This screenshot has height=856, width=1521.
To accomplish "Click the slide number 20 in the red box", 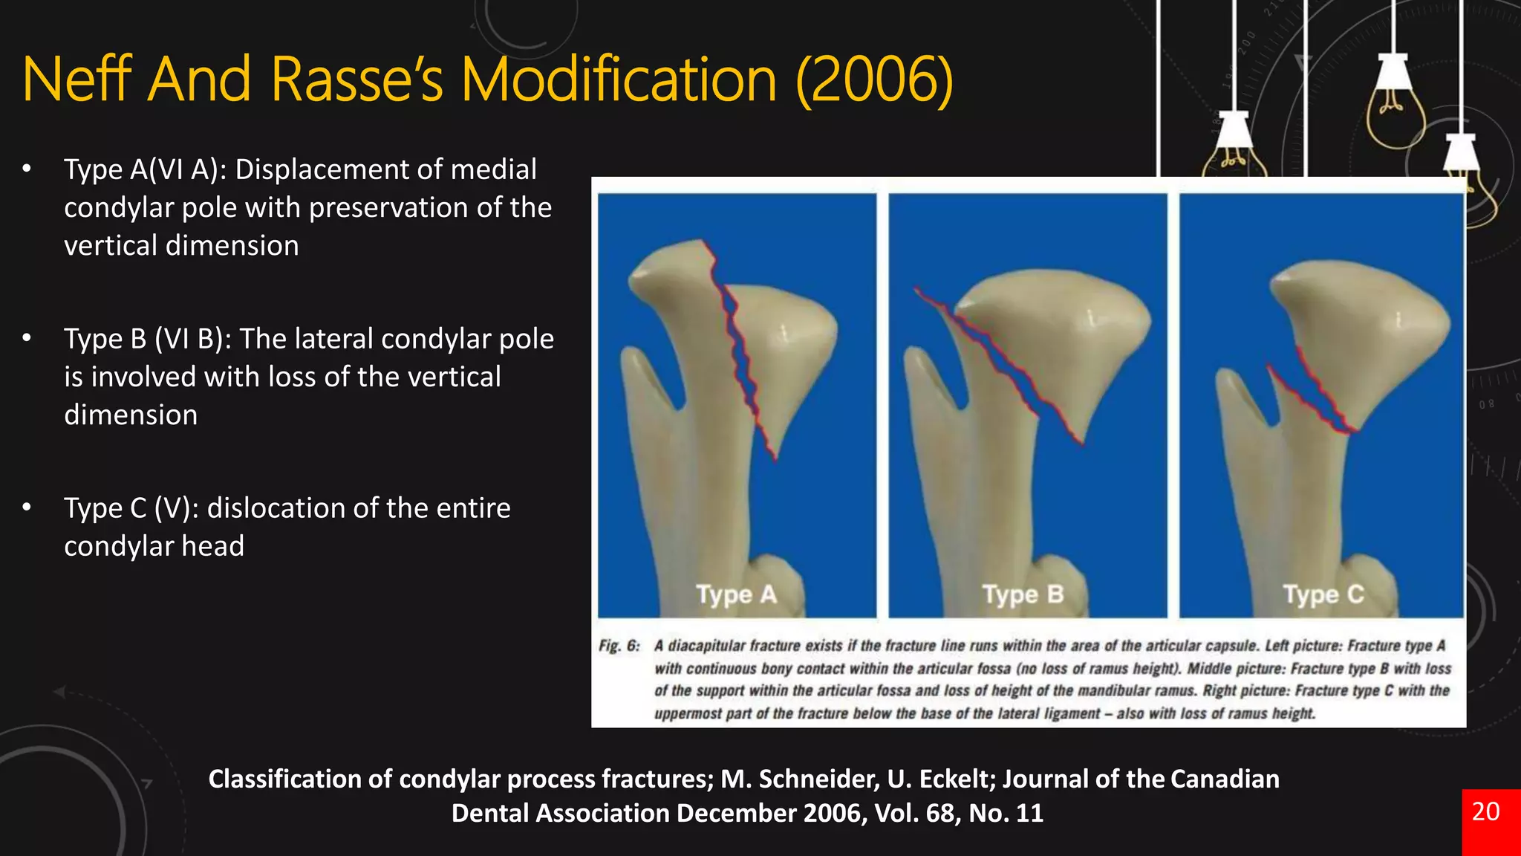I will [1485, 811].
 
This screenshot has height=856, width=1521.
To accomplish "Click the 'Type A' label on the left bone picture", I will [736, 594].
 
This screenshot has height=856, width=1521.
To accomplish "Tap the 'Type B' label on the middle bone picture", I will [1023, 594].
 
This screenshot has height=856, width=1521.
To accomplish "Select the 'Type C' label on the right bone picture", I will [1323, 594].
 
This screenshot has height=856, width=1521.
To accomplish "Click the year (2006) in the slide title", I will [874, 80].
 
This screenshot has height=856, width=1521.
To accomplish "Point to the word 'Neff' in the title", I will [78, 80].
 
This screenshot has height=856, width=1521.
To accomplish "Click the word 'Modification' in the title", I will [619, 80].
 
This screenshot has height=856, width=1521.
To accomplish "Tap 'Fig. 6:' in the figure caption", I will [619, 646].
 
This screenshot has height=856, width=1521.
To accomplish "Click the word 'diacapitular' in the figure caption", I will [706, 646].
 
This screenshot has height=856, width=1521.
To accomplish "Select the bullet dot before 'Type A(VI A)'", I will [27, 169].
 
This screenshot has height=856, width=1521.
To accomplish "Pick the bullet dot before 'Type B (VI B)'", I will [27, 338].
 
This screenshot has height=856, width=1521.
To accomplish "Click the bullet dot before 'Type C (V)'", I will [27, 508].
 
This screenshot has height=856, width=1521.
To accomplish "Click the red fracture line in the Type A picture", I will [743, 357].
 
